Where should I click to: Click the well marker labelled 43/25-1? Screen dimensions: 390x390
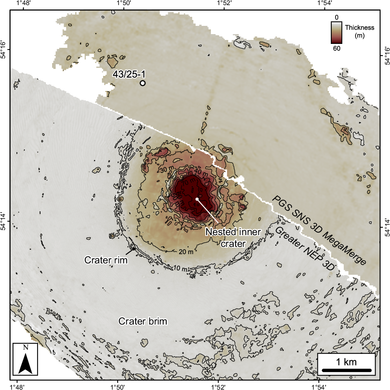pos(143,83)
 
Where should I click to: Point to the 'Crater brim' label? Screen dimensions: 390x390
pos(143,321)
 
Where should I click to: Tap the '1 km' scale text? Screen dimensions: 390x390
pos(346,361)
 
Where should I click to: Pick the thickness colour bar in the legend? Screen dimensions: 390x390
pos(336,32)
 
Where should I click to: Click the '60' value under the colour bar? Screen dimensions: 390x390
pos(336,48)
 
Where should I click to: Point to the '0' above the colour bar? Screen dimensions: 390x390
pos(336,17)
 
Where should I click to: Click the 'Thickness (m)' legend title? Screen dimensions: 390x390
pos(360,31)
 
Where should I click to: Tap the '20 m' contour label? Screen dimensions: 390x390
pos(186,251)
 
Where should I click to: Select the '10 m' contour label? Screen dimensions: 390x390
pos(180,269)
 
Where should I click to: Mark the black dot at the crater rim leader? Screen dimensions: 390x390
pos(134,249)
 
